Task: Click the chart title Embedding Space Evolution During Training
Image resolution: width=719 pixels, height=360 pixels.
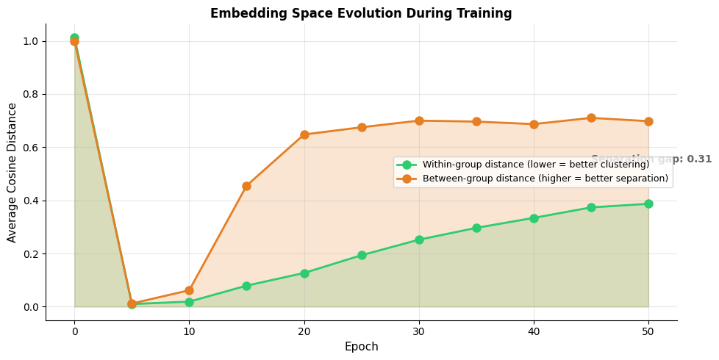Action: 361,13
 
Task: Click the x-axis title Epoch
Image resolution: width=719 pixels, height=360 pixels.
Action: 361,347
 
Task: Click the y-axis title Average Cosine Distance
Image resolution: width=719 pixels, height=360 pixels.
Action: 12,173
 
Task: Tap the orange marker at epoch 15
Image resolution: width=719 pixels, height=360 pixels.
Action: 246,186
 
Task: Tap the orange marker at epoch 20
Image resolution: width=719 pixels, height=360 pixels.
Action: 304,134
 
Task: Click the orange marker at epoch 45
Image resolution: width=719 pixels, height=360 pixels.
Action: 591,118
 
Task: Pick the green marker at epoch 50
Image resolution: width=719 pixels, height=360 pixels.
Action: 648,204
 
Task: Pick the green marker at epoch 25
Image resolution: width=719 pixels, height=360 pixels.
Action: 362,255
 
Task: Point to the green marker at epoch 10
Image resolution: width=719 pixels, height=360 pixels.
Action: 189,302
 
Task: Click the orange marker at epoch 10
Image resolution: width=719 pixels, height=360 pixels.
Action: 189,290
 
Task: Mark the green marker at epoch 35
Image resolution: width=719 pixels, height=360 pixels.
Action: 476,228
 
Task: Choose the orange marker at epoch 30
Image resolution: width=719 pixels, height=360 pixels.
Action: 419,120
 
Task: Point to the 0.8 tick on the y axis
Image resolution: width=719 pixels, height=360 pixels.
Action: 30,95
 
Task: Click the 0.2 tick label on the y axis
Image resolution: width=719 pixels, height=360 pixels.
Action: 30,254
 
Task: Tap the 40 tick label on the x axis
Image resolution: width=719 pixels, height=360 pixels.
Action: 534,331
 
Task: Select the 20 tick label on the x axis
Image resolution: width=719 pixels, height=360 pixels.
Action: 304,331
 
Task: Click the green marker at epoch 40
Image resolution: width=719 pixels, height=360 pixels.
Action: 534,218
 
